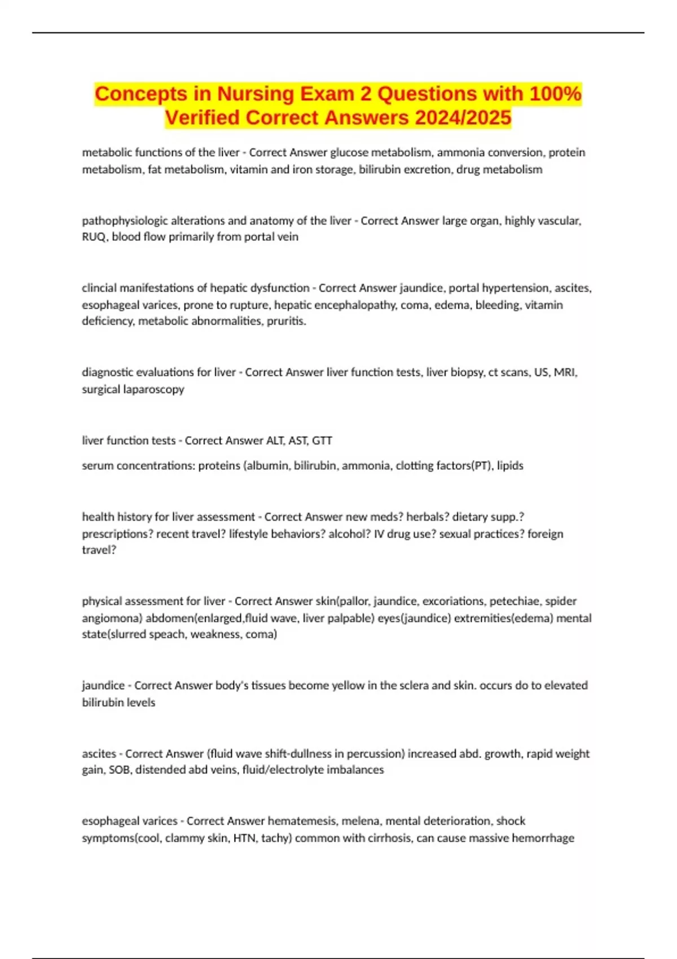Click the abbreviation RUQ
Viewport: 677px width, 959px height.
[93, 237]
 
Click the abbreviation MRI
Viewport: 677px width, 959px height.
[565, 372]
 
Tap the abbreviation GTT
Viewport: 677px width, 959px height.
[322, 441]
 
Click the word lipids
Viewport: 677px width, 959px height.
[510, 466]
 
